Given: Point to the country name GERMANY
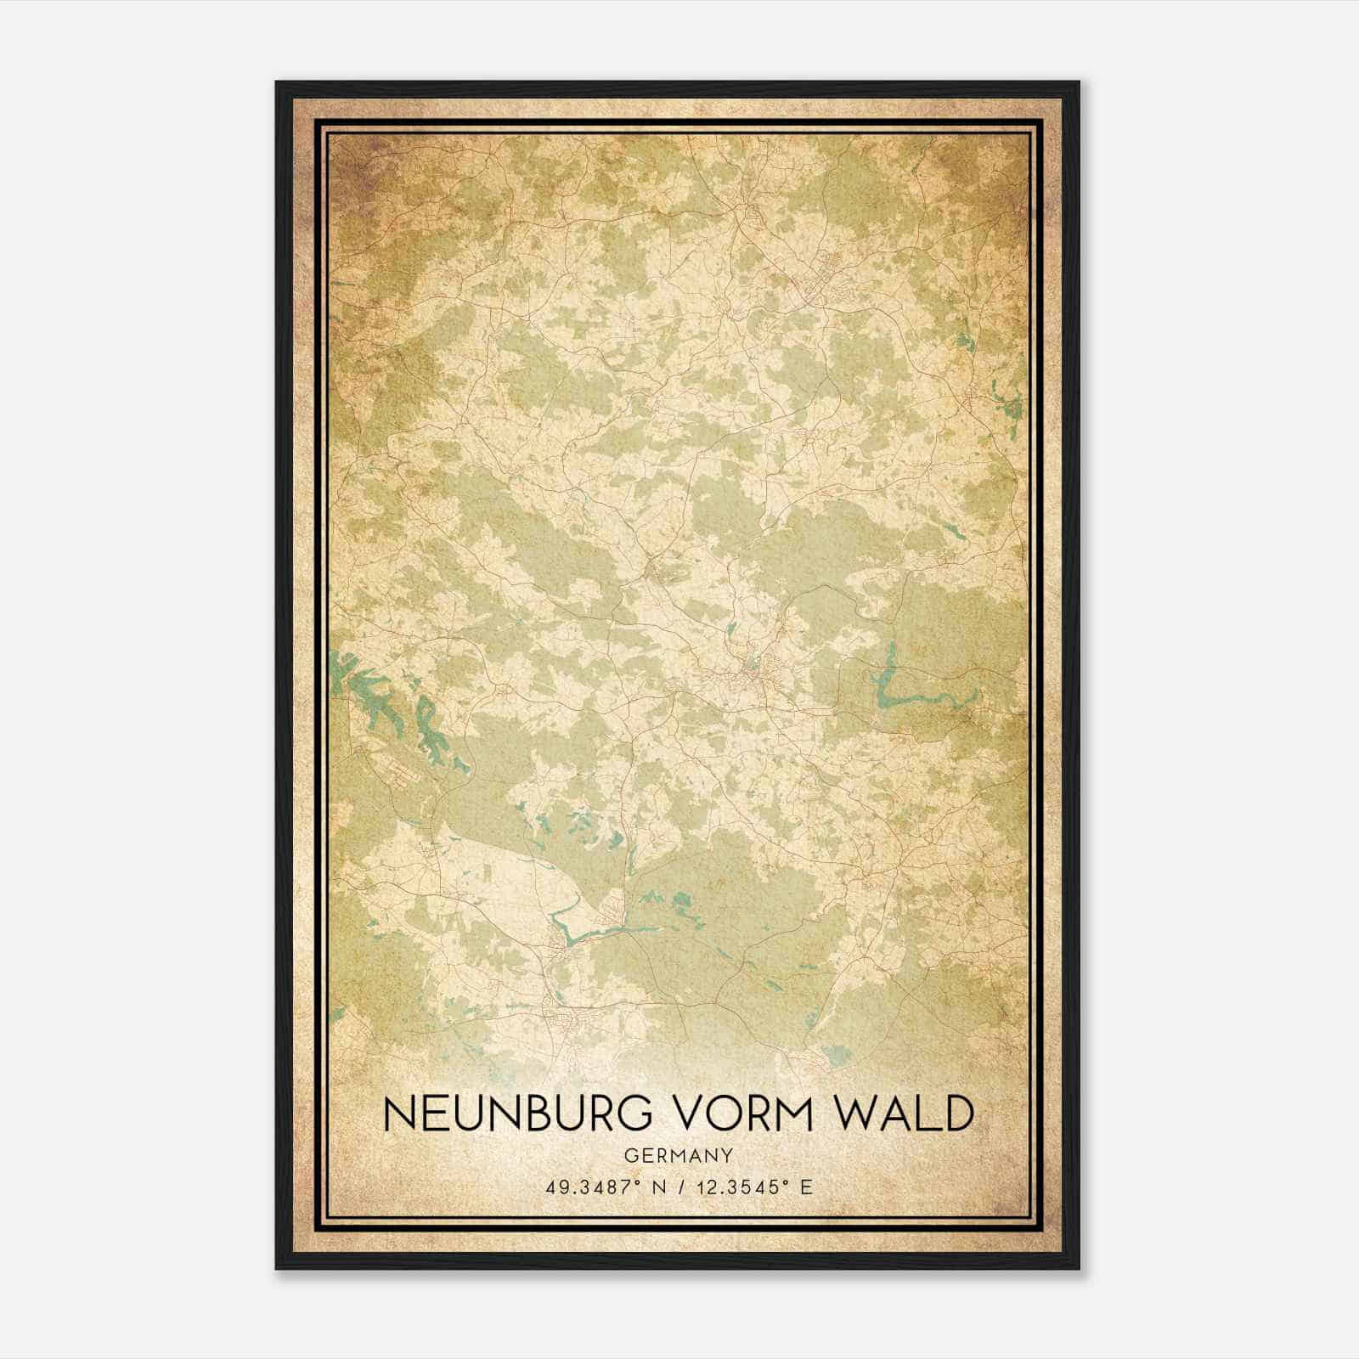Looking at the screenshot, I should click(x=677, y=1155).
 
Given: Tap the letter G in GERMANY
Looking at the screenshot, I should click(x=629, y=1155).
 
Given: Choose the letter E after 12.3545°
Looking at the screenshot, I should click(x=807, y=1187).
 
